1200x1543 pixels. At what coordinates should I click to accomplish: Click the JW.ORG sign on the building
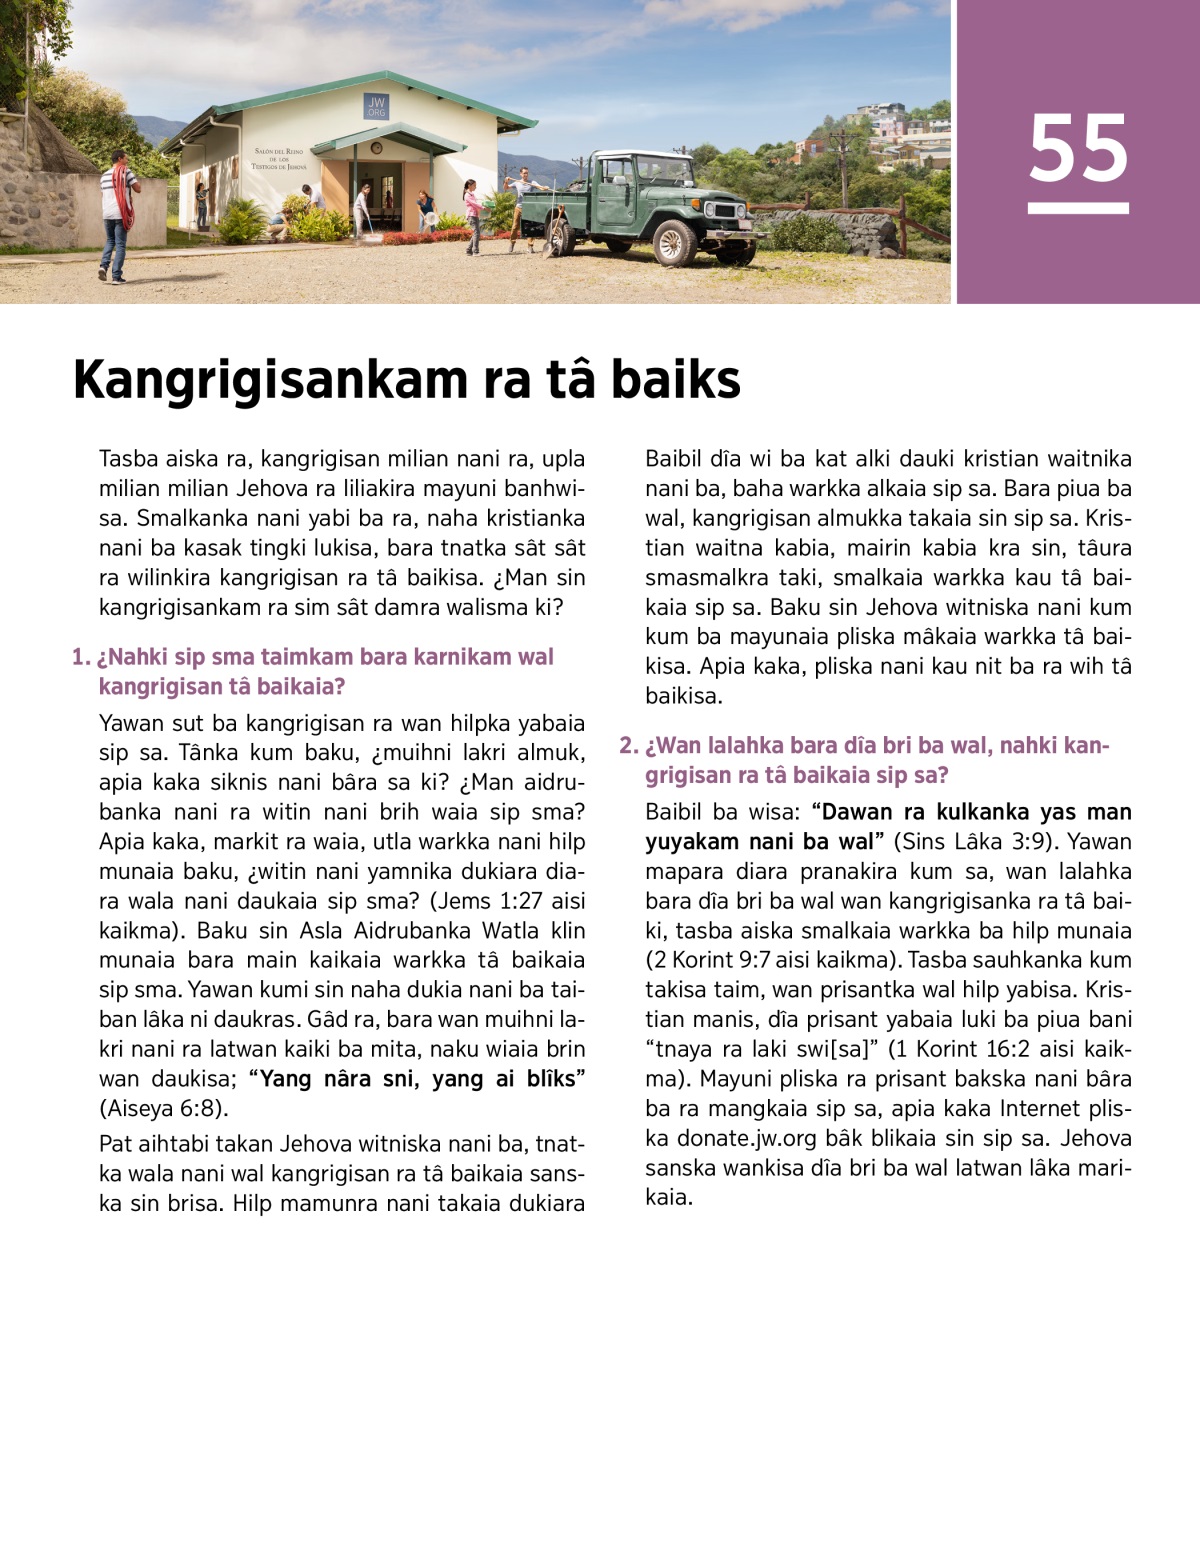[376, 106]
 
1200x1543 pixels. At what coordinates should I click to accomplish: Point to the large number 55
[1078, 150]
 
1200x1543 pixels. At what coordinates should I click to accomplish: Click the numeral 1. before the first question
[80, 658]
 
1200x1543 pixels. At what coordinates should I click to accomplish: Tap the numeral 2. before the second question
[628, 746]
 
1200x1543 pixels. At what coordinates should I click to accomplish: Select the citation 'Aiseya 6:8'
[164, 1108]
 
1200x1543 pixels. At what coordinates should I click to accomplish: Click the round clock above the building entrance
[374, 148]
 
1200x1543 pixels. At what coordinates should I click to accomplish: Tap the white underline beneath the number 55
[1078, 208]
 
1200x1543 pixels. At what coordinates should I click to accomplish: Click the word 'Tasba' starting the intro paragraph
[129, 459]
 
